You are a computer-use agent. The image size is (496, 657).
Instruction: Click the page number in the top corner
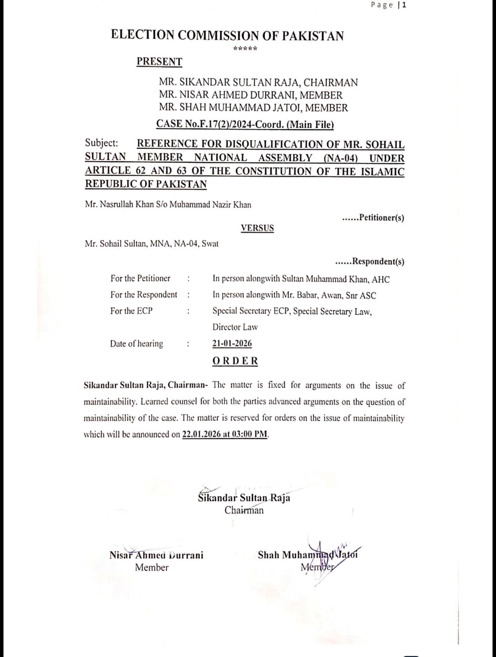click(388, 5)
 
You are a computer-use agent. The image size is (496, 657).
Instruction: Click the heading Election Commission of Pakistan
click(227, 35)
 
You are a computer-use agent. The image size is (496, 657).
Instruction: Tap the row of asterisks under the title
click(245, 49)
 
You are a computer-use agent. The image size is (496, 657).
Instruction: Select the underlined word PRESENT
click(159, 62)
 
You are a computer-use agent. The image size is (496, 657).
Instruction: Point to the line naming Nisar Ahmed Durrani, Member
click(250, 95)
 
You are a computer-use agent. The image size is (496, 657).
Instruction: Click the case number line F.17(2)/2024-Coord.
click(245, 124)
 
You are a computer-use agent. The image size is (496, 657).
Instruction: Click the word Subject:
click(101, 143)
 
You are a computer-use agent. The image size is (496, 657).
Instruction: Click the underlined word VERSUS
click(257, 228)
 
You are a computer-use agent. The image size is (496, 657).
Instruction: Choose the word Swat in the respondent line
click(210, 244)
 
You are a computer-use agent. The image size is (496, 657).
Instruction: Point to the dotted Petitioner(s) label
click(373, 218)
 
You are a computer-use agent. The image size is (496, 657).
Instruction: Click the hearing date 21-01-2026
click(232, 344)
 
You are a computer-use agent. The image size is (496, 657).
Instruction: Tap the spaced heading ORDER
click(235, 361)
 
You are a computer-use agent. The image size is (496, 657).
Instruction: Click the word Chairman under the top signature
click(244, 510)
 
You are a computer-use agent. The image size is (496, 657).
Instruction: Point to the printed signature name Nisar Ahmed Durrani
click(156, 555)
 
